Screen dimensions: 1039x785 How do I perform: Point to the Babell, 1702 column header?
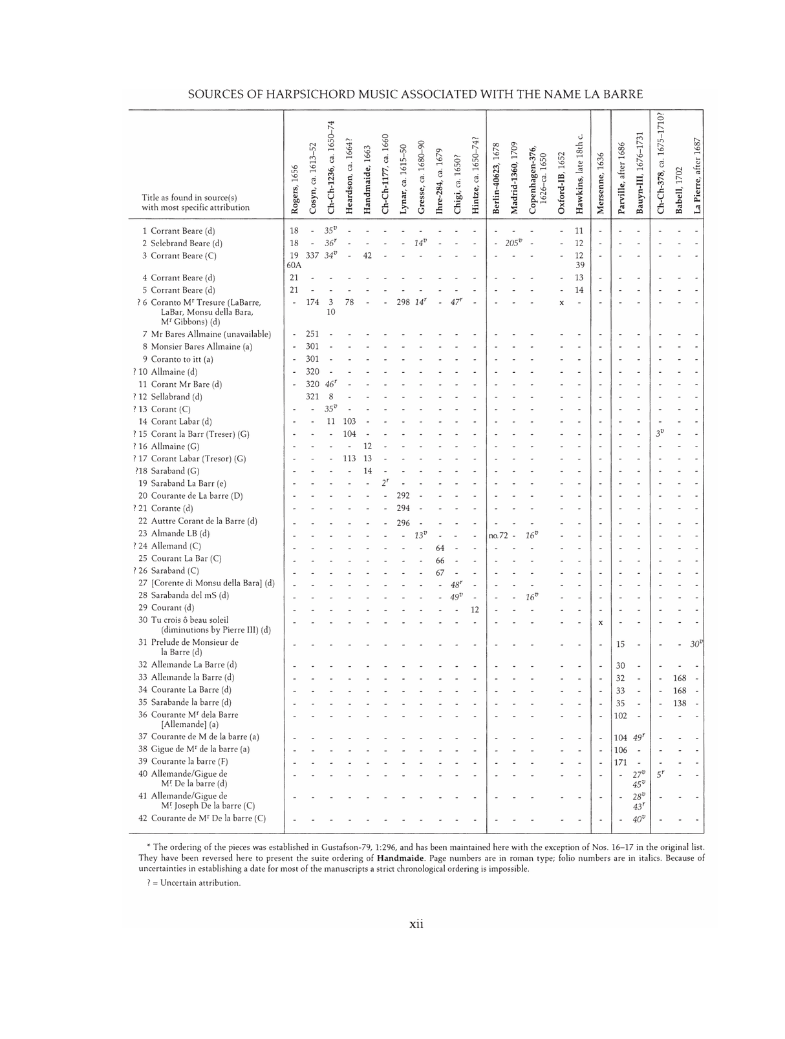pyautogui.click(x=679, y=188)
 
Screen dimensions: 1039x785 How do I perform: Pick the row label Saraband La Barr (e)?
pyautogui.click(x=188, y=483)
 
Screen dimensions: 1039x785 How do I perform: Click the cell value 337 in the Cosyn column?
pyautogui.click(x=312, y=256)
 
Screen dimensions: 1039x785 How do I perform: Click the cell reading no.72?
pyautogui.click(x=498, y=534)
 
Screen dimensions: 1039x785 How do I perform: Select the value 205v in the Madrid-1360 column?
pyautogui.click(x=514, y=243)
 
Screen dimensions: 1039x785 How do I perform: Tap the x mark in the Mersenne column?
pyautogui.click(x=601, y=623)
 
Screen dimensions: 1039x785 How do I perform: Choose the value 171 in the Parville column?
pyautogui.click(x=620, y=762)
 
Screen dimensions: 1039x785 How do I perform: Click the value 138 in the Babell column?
pyautogui.click(x=679, y=703)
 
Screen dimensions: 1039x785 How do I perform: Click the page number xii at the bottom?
pyautogui.click(x=416, y=925)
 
